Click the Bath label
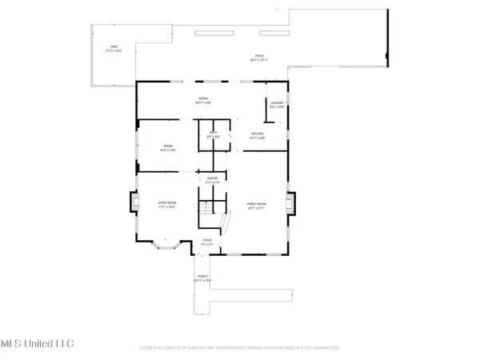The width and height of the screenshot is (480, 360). [x=214, y=134]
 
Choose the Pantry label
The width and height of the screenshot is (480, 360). [x=213, y=180]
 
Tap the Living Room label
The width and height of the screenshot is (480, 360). [x=166, y=204]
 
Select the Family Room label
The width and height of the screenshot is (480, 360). [x=255, y=205]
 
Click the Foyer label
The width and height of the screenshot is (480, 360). [x=206, y=241]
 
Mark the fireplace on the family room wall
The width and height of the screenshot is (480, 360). [x=292, y=202]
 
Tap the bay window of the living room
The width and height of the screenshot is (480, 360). [x=166, y=243]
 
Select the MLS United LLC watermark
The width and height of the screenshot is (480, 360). [x=38, y=343]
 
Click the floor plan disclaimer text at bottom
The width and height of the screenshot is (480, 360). [x=240, y=348]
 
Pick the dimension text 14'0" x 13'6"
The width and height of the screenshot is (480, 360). [x=166, y=150]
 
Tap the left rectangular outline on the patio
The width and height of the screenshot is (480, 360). [x=214, y=35]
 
